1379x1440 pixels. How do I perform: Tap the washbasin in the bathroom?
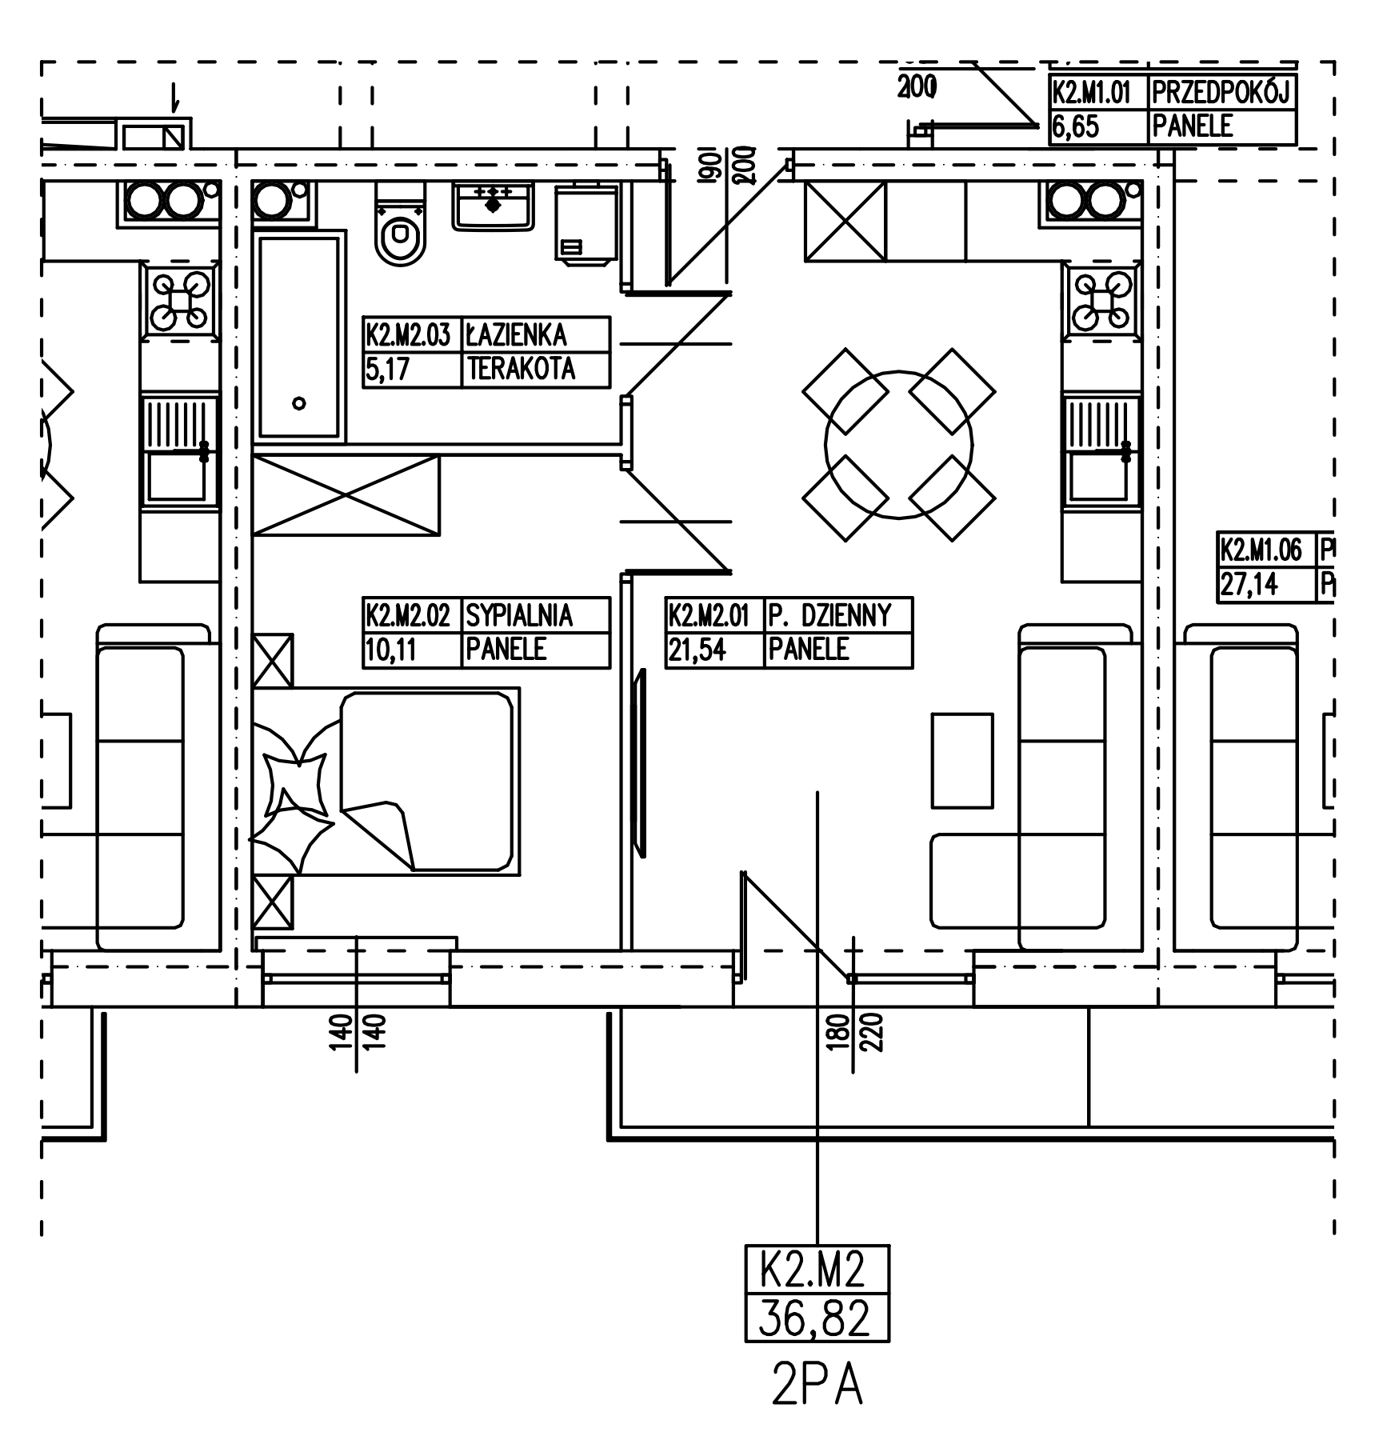[493, 206]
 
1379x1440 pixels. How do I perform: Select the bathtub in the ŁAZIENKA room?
[298, 336]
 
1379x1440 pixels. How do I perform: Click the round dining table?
[899, 445]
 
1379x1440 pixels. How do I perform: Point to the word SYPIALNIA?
[519, 615]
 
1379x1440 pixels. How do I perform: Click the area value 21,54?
[697, 650]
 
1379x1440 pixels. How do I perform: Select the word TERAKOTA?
[522, 369]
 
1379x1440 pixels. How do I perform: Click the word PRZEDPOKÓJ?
[1221, 93]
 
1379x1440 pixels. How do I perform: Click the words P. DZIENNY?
[829, 615]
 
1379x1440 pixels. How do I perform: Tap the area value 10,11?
[391, 650]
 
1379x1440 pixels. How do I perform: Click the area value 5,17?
[388, 370]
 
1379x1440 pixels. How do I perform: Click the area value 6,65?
[1076, 127]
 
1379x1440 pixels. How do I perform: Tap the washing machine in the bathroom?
[586, 222]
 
